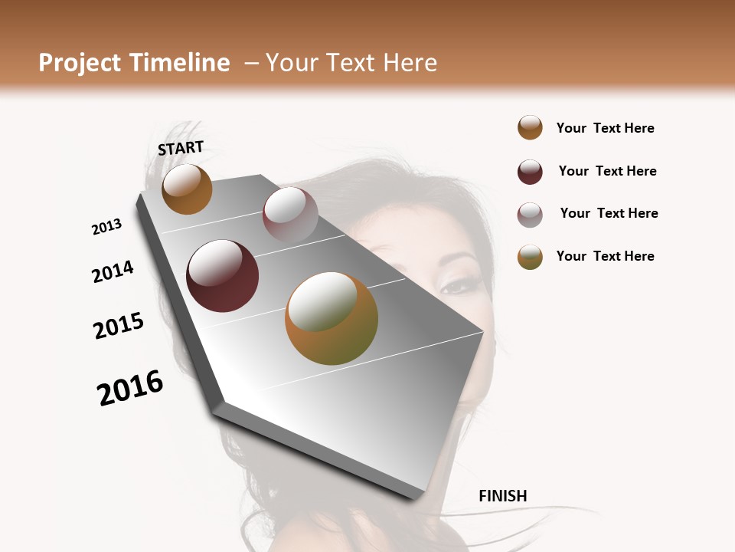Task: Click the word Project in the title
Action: click(80, 63)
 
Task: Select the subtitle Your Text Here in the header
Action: click(351, 63)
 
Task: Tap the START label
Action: click(181, 148)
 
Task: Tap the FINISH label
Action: click(502, 496)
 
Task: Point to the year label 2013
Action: click(106, 227)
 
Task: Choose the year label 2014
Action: click(113, 272)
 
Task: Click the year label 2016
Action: click(130, 388)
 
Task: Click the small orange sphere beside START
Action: click(187, 189)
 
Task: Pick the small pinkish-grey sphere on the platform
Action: click(290, 215)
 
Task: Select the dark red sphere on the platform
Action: click(222, 276)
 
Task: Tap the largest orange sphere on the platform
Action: click(332, 318)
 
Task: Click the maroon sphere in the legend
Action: click(530, 172)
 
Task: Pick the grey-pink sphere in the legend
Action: click(530, 215)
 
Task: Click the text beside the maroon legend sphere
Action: click(607, 171)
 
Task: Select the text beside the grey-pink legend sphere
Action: click(609, 213)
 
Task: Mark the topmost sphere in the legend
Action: click(530, 128)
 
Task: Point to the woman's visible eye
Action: click(458, 287)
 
